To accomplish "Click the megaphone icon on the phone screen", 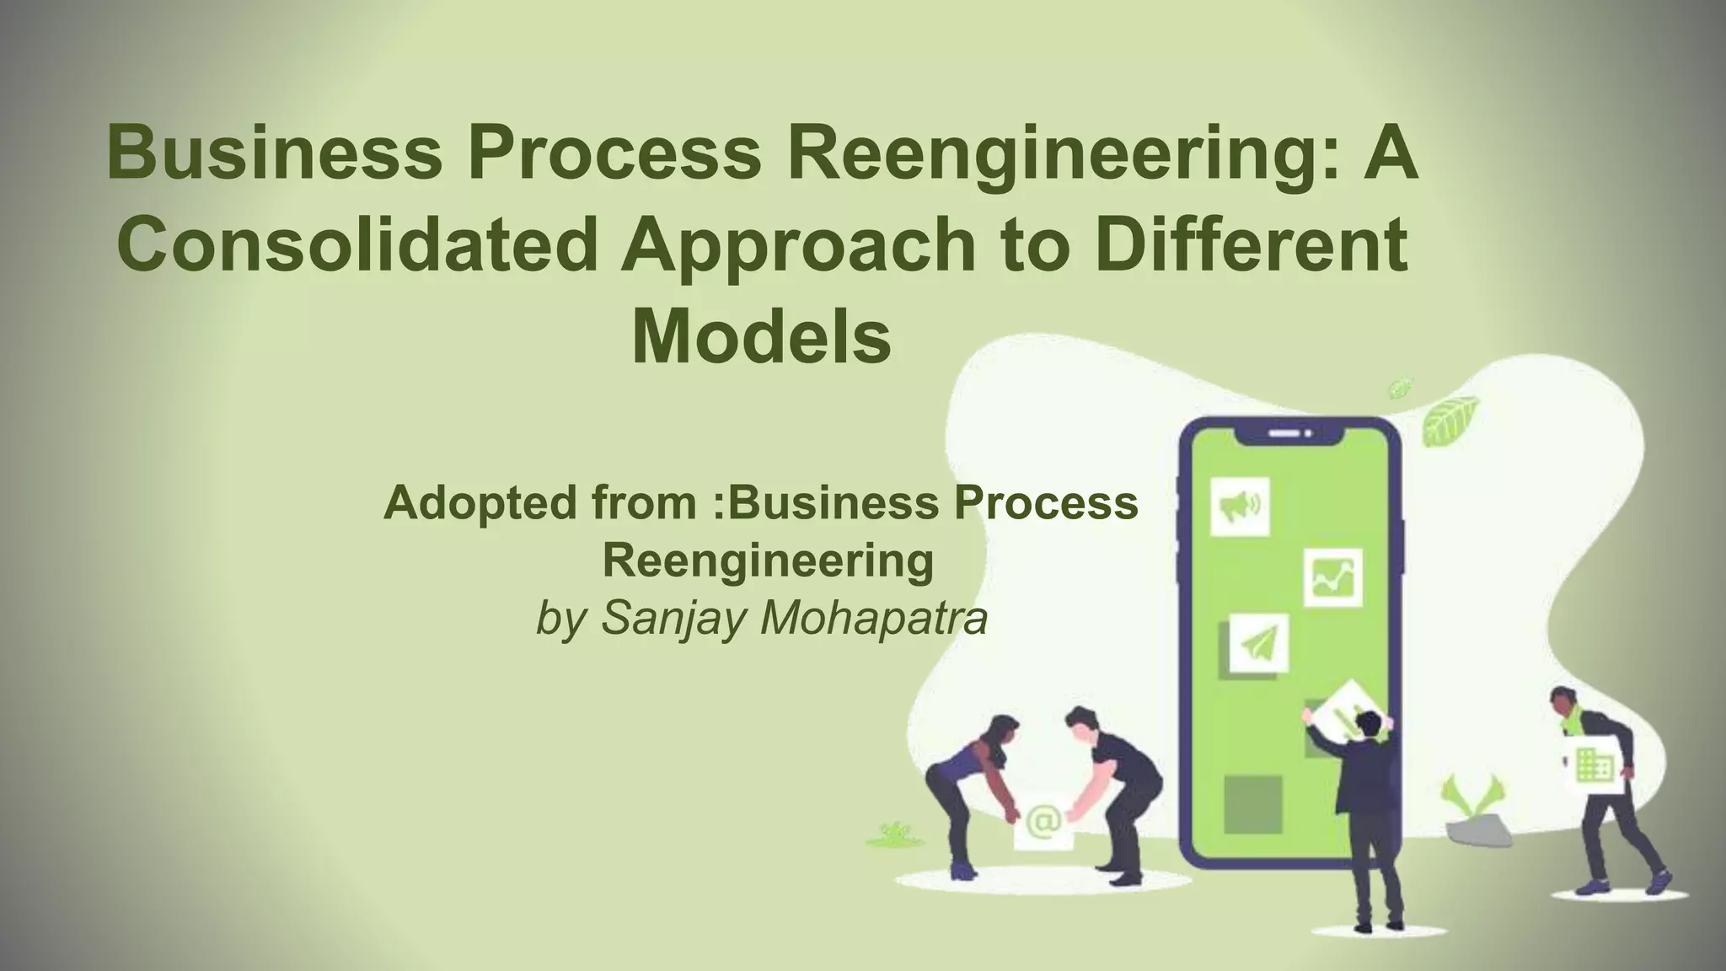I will pyautogui.click(x=1240, y=506).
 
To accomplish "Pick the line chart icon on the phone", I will pyautogui.click(x=1333, y=577).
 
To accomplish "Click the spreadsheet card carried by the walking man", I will pyautogui.click(x=1594, y=766).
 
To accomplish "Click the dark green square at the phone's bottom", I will pyautogui.click(x=1252, y=804).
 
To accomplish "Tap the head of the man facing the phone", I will pyautogui.click(x=1369, y=722).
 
